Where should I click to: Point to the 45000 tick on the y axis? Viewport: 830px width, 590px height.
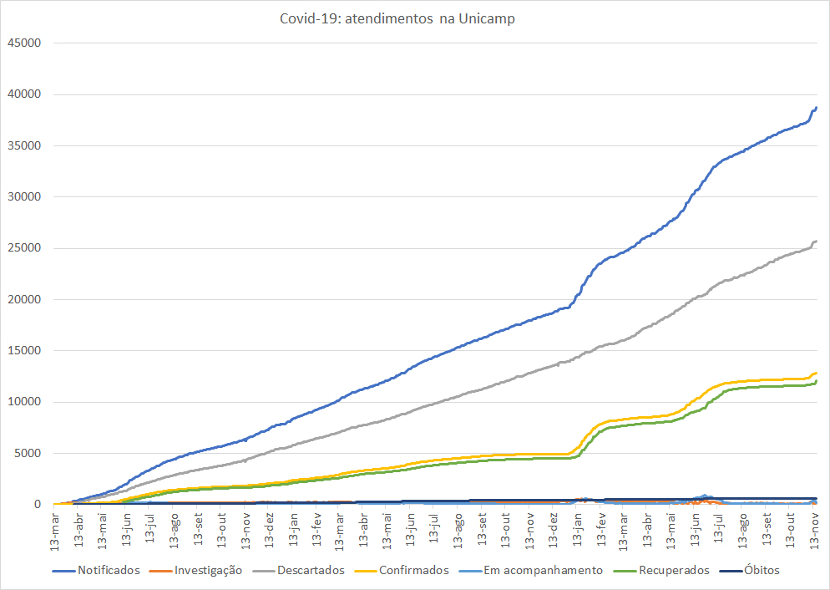[x=23, y=43]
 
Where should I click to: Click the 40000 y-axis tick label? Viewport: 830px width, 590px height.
[x=23, y=94]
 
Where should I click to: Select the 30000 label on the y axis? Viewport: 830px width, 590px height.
[x=23, y=197]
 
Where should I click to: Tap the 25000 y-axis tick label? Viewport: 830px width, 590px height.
[x=23, y=248]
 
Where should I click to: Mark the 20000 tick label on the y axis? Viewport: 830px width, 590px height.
[x=23, y=300]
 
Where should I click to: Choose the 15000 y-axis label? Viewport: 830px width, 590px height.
[x=23, y=351]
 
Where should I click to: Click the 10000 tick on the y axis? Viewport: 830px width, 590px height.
[x=23, y=402]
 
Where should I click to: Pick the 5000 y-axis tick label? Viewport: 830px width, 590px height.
[x=27, y=454]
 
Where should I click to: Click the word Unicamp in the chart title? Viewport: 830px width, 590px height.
[x=487, y=18]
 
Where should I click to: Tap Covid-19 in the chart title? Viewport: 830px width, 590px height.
[x=308, y=18]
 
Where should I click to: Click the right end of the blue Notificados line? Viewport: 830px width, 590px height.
[x=816, y=108]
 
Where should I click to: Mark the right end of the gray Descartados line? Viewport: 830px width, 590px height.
[x=816, y=242]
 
